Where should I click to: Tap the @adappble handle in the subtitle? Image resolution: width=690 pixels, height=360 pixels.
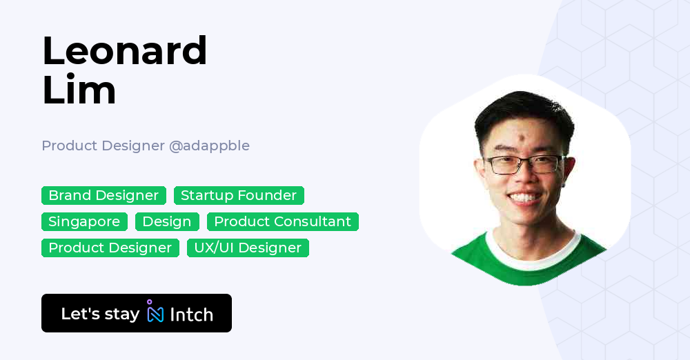pyautogui.click(x=209, y=146)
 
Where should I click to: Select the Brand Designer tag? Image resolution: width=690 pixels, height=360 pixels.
pyautogui.click(x=103, y=196)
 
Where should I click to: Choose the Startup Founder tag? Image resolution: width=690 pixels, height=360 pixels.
pyautogui.click(x=239, y=196)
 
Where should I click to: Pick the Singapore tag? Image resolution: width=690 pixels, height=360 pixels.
pyautogui.click(x=84, y=222)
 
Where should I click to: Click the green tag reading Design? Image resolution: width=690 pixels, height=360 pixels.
pyautogui.click(x=167, y=222)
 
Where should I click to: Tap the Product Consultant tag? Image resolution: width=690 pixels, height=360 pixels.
pyautogui.click(x=282, y=222)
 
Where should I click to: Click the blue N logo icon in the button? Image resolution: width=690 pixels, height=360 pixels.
pyautogui.click(x=155, y=314)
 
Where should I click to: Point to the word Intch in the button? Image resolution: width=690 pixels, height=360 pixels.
pyautogui.click(x=191, y=314)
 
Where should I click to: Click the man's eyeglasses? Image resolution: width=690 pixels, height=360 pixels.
pyautogui.click(x=524, y=165)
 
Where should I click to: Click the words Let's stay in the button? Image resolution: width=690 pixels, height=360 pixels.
pyautogui.click(x=100, y=314)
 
